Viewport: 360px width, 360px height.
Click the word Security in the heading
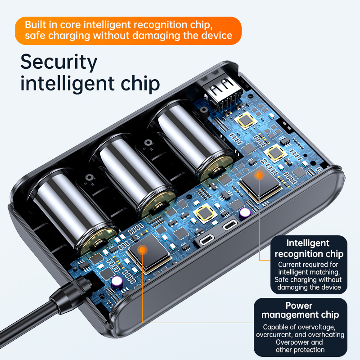coord(59,62)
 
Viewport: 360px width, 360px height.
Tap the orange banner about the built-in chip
coord(128,31)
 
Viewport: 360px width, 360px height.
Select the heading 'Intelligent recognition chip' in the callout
coord(309,248)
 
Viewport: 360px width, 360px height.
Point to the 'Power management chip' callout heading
coord(300,310)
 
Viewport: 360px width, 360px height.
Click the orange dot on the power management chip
coord(143,250)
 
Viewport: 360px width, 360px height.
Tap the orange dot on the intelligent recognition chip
coord(260,175)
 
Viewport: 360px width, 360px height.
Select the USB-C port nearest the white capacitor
coord(230,224)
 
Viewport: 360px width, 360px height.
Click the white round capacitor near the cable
coord(117,282)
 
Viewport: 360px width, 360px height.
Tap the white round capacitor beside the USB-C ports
coord(245,212)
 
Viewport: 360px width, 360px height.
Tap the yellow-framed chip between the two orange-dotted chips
coord(205,213)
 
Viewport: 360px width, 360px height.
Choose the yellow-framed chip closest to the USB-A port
coord(246,120)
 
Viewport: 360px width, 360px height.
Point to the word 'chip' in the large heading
coord(140,84)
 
